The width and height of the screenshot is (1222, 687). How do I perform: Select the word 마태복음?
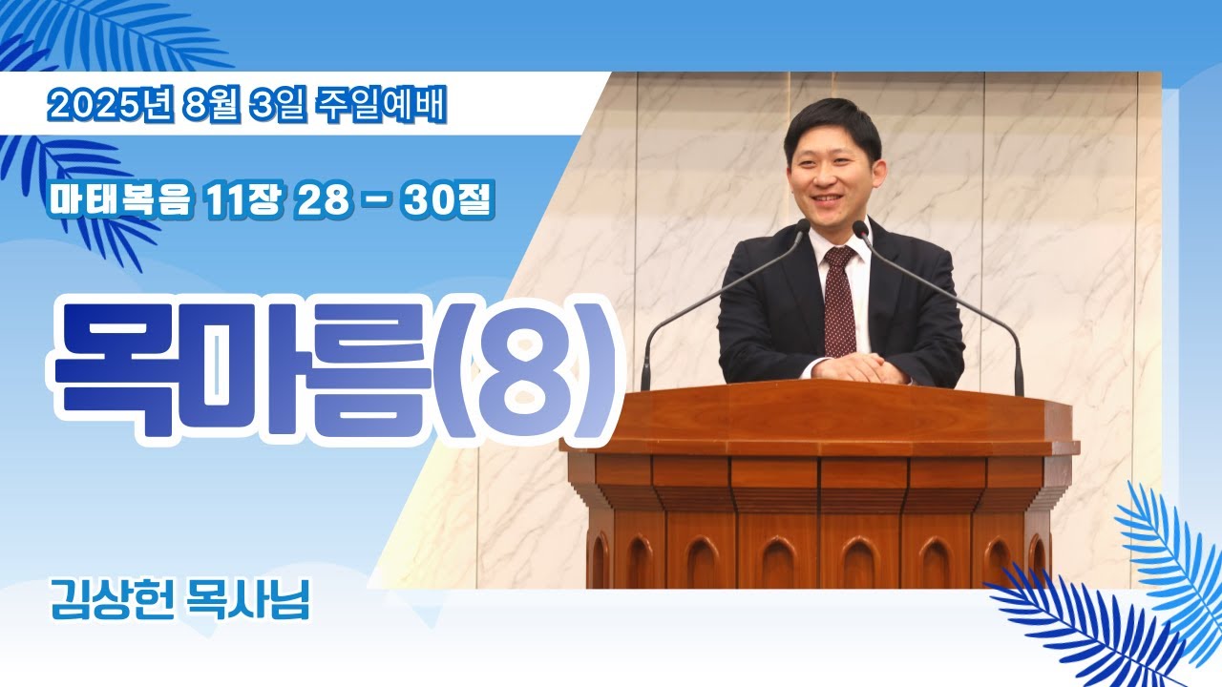pyautogui.click(x=120, y=200)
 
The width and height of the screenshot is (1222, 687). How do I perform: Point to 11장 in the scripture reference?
pyautogui.click(x=243, y=200)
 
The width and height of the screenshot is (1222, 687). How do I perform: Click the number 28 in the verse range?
pyautogui.click(x=322, y=200)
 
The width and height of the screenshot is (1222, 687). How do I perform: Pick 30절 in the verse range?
pyautogui.click(x=449, y=200)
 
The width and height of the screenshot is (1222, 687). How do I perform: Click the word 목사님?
pyautogui.click(x=247, y=600)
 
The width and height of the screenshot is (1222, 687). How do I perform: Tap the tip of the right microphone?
pyautogui.click(x=859, y=226)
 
